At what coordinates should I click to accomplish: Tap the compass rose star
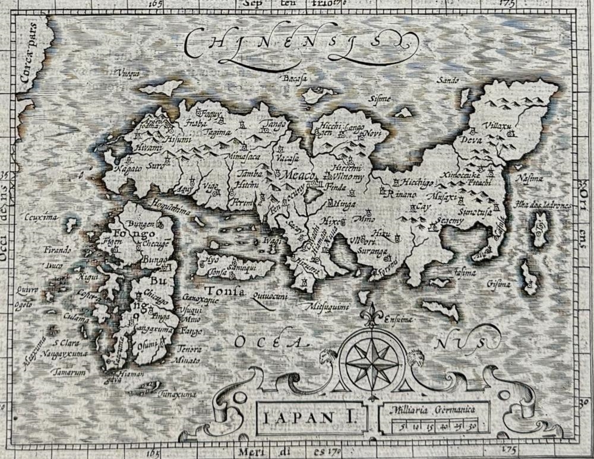point(372,360)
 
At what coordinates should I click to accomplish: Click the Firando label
point(57,249)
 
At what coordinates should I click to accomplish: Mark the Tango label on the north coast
point(273,124)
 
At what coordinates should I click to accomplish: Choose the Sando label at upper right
point(448,80)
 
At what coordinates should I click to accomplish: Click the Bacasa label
point(293,77)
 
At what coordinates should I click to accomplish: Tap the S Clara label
point(66,343)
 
